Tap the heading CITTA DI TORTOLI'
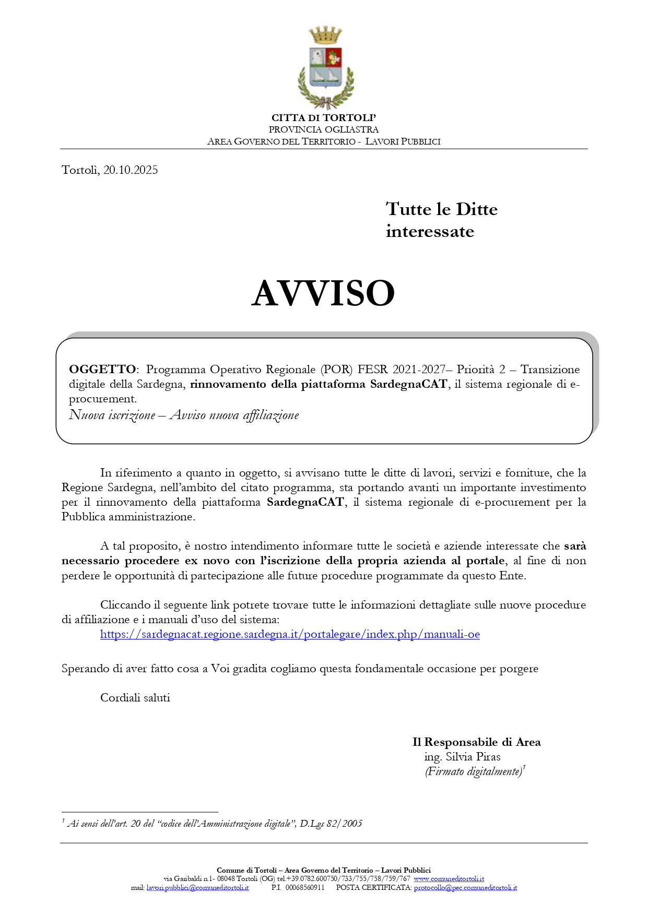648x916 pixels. (324, 118)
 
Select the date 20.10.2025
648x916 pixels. (131, 170)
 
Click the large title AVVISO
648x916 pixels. (323, 293)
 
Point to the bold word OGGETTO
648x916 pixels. (102, 370)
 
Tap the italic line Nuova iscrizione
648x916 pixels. (112, 415)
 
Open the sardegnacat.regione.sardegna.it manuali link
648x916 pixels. (290, 635)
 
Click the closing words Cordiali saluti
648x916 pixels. (135, 698)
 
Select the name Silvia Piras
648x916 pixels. (473, 757)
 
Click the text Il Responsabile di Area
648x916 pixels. (476, 742)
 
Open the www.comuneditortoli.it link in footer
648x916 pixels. (449, 879)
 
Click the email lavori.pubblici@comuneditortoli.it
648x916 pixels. (197, 887)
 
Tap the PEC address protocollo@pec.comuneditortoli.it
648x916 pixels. (465, 887)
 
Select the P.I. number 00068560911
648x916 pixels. (305, 887)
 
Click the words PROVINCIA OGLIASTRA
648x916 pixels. (324, 129)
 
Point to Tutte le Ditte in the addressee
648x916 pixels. (442, 209)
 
